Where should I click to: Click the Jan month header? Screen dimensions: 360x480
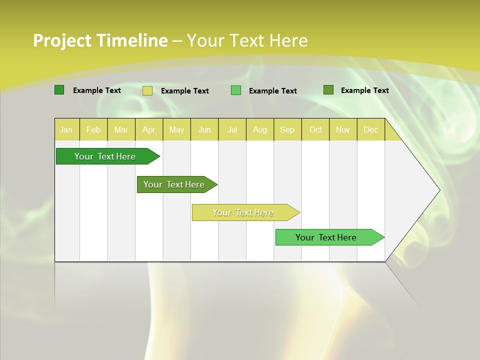point(66,129)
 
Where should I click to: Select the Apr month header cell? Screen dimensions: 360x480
point(148,129)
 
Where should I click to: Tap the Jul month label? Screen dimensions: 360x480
point(232,129)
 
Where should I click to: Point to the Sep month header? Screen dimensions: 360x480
point(287,129)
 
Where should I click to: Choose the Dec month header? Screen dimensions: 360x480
point(370,129)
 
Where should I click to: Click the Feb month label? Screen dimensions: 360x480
point(93,129)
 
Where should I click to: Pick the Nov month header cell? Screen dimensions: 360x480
point(342,129)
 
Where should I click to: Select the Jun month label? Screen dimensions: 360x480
point(204,129)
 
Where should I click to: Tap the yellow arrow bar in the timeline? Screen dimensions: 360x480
point(244,212)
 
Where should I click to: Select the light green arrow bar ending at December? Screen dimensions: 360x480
point(327,237)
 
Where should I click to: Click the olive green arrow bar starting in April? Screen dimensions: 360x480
point(175,184)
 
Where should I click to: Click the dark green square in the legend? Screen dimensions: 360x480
point(59,90)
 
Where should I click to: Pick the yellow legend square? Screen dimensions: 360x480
point(147,90)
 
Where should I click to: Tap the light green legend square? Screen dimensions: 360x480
point(236,90)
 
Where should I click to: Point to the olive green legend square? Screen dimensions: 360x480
point(328,90)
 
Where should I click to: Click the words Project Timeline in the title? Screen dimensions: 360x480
point(100,40)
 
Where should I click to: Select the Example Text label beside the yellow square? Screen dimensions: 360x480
point(184,91)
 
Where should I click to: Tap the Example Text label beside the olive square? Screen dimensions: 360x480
point(364,90)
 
